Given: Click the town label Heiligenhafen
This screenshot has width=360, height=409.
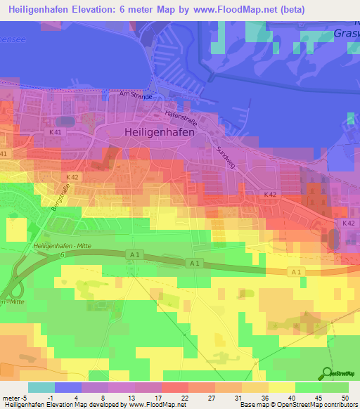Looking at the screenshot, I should click(159, 131).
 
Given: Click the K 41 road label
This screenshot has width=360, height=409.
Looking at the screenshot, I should click(56, 132).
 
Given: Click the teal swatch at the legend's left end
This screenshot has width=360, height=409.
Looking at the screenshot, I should click(41, 387).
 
